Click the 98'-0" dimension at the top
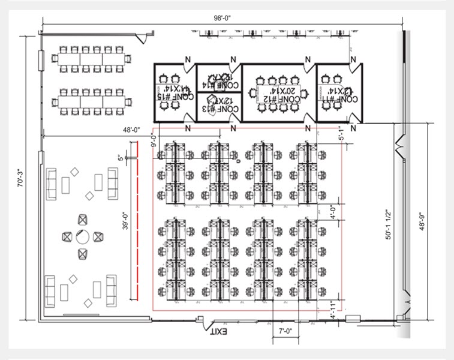(x=222, y=18)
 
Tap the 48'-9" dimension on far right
(x=422, y=220)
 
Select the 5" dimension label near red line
(x=121, y=158)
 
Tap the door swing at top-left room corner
(x=140, y=38)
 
